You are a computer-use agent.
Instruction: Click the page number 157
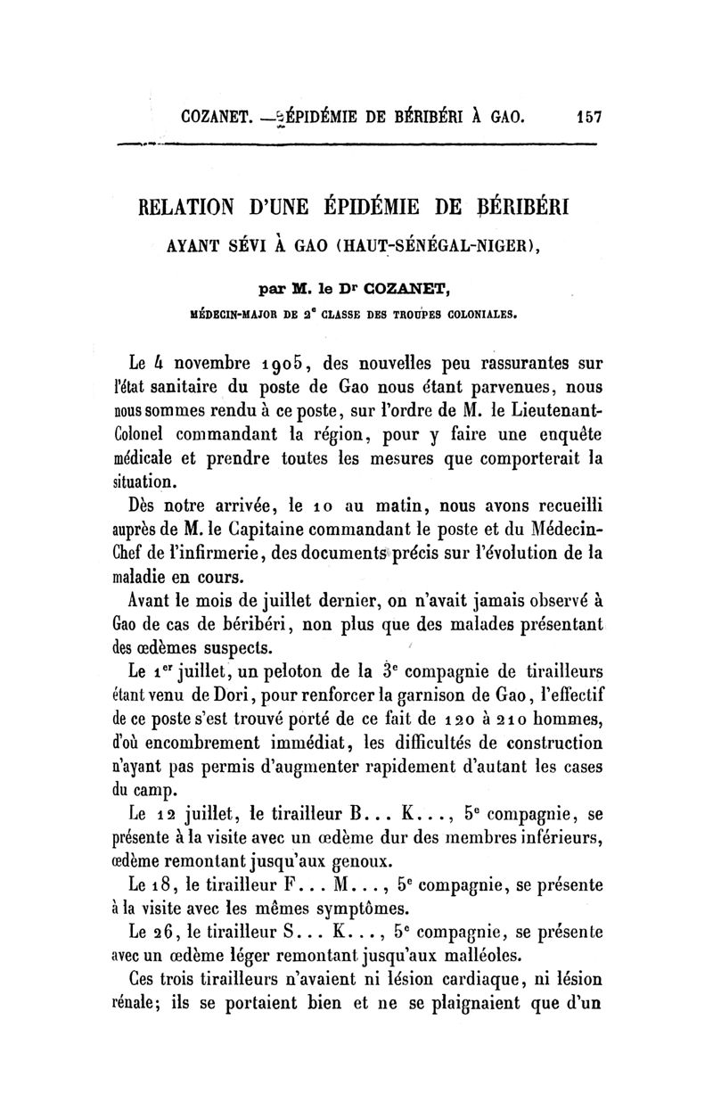pyautogui.click(x=591, y=116)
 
